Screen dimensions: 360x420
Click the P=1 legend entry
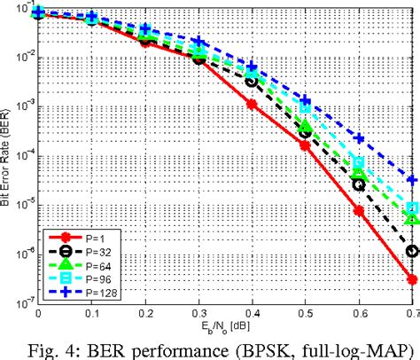(74, 239)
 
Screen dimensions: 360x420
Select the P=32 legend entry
(74, 252)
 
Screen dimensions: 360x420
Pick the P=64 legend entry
(74, 264)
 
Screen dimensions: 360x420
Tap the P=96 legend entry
(74, 278)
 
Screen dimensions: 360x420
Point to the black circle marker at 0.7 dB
(412, 251)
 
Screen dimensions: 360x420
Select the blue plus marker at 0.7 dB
(412, 178)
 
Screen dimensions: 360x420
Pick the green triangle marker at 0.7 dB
(412, 217)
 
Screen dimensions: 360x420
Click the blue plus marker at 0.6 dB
(359, 138)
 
